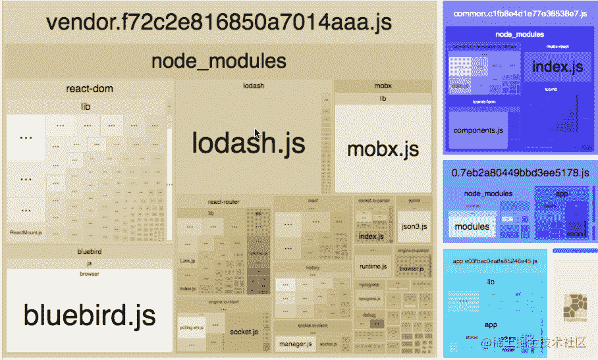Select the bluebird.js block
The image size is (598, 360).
pos(90,315)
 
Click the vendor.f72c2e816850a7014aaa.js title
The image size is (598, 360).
pos(219,22)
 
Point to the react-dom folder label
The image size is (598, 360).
pos(90,88)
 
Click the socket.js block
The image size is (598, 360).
pos(244,332)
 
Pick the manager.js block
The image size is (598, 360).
pos(294,344)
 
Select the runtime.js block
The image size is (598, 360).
pos(373,267)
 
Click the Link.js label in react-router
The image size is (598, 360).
pos(188,261)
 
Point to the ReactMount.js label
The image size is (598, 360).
pos(26,232)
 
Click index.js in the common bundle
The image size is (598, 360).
pos(557,67)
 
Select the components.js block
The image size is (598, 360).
pos(478,130)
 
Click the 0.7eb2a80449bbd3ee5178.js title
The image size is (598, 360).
pos(520,173)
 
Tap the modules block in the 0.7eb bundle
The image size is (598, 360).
pos(472,226)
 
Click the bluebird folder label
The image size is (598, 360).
pos(90,251)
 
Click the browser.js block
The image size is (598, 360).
pos(412,269)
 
